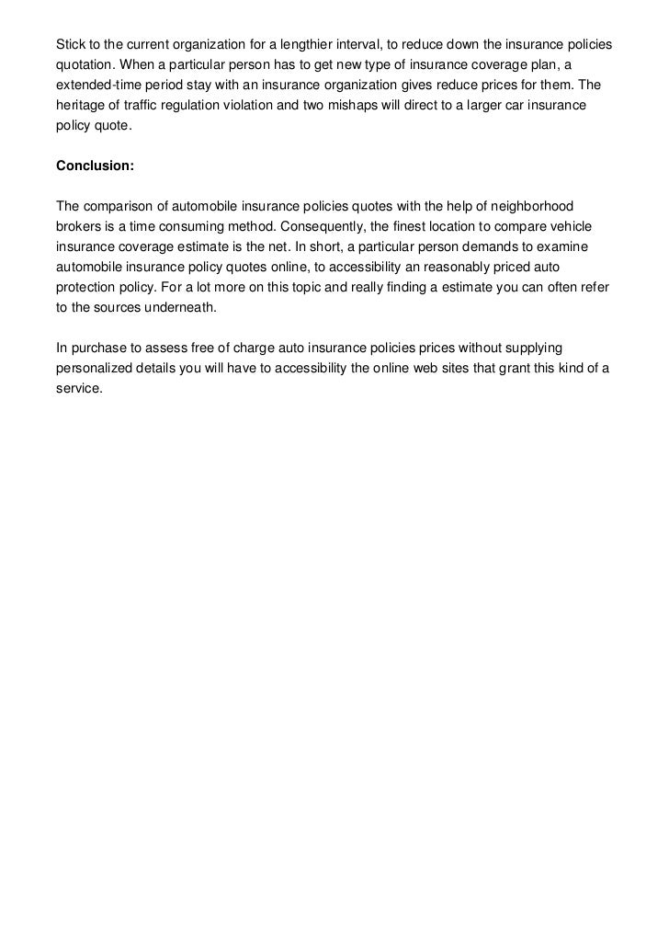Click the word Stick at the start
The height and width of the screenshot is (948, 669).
point(70,45)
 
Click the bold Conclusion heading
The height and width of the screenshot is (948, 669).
point(95,166)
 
